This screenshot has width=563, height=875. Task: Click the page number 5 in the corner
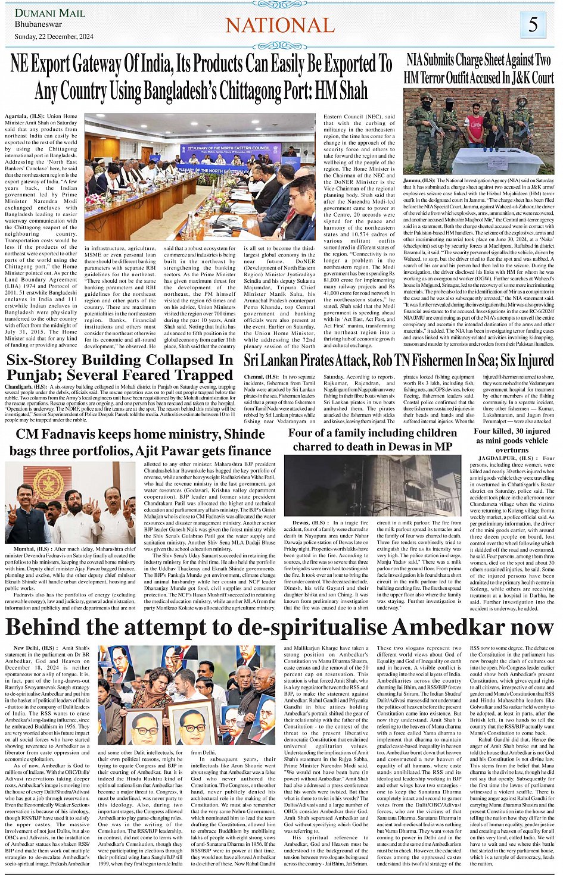[533, 24]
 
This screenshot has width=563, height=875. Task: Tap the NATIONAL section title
[280, 25]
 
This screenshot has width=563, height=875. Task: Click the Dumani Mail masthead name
[49, 13]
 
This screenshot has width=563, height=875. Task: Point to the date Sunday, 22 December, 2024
[54, 37]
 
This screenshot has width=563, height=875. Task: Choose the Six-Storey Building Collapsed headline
[120, 368]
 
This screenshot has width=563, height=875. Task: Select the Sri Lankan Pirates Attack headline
[399, 361]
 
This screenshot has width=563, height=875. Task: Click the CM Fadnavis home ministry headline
[141, 442]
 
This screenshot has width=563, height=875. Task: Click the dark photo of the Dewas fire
[372, 485]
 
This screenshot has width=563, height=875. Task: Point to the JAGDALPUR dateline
[496, 458]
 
